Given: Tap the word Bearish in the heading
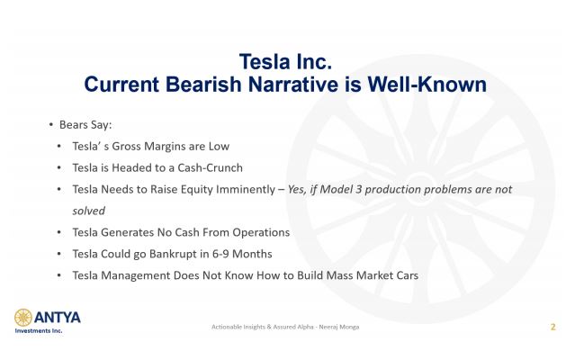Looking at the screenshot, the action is (204, 85).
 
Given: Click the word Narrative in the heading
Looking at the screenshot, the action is (293, 85).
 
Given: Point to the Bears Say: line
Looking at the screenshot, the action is (85, 125).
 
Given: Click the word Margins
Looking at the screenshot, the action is (166, 147).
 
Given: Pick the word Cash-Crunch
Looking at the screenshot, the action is (210, 167).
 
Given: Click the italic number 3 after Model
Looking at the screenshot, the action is (358, 189).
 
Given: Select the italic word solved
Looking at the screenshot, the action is (89, 211).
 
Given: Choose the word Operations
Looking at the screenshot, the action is (261, 232).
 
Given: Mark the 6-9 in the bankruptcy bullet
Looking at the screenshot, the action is (220, 254).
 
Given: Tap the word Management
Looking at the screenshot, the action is (135, 275).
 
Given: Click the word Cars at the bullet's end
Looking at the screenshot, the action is (407, 275).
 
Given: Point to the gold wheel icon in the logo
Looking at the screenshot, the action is (23, 318).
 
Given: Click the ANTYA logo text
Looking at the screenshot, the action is (58, 318).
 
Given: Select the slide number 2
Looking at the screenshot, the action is (553, 327).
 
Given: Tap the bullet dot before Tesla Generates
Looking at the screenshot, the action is (58, 232).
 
